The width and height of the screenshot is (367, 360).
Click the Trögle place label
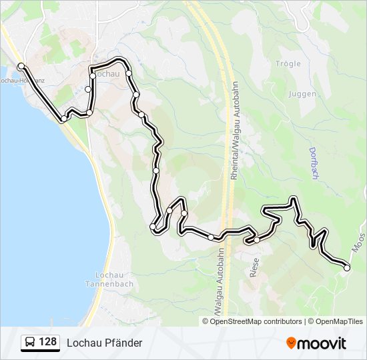(288, 64)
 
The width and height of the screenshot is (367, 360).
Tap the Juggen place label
(302, 94)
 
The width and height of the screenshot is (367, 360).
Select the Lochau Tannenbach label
(114, 279)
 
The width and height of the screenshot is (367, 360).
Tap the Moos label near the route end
(360, 243)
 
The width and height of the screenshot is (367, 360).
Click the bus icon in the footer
(30, 343)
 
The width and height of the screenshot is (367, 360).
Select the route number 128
(47, 343)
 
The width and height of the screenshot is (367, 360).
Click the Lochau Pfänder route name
(104, 343)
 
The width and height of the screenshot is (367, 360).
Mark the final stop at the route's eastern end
(346, 267)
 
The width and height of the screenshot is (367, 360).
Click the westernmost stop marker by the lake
(21, 65)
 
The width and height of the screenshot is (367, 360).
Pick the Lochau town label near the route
(108, 74)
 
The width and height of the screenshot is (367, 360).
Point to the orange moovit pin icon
(292, 343)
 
